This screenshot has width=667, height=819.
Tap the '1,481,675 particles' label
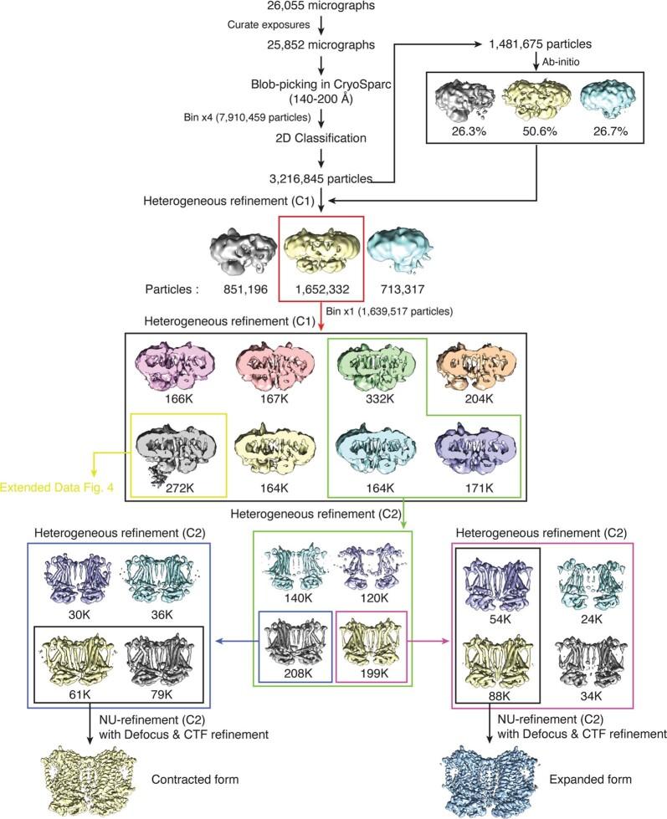[543, 42]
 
